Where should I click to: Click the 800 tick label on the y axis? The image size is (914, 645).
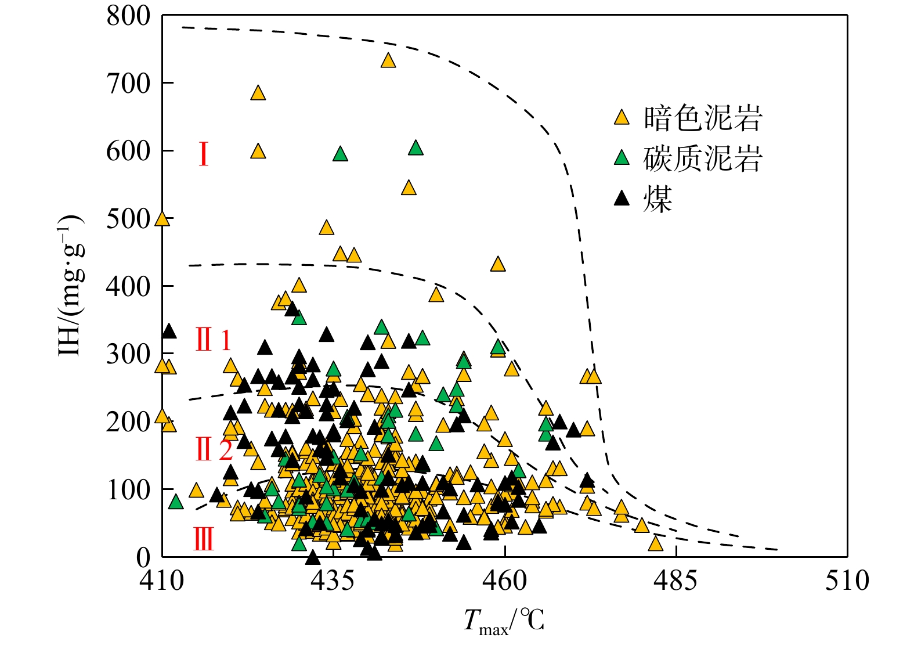[x=128, y=16]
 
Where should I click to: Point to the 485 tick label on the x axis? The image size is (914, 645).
[x=675, y=580]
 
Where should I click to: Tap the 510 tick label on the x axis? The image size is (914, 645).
[x=847, y=580]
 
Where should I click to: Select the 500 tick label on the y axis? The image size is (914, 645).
[x=128, y=219]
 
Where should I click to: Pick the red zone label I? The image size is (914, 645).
[x=203, y=154]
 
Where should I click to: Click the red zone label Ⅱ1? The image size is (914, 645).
[x=213, y=340]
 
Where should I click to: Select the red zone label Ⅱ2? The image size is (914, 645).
[x=214, y=449]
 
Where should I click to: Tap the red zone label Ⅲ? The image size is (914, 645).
[x=203, y=539]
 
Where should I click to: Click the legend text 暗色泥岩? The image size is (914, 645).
[x=702, y=118]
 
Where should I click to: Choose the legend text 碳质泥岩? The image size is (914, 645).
[x=702, y=158]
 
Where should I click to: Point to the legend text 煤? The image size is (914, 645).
[x=657, y=199]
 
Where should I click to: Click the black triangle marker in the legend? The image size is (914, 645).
[x=622, y=199]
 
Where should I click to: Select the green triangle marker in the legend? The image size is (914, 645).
[x=622, y=157]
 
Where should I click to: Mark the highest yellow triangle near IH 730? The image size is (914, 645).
[x=388, y=60]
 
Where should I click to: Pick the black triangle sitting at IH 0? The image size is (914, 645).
[x=313, y=558]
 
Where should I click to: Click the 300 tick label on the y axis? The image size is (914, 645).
[x=128, y=354]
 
